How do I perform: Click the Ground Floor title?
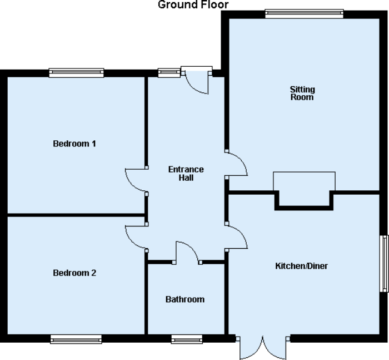193,5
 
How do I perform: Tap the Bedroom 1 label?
74,144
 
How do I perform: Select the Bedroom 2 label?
74,273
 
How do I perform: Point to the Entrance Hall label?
186,174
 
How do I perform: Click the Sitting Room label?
302,93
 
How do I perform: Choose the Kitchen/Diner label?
302,266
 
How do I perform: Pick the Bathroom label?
185,299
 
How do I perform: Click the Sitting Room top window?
304,14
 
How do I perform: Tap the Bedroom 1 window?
76,72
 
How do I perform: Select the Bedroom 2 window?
76,339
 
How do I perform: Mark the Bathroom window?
186,339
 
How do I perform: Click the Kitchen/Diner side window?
384,263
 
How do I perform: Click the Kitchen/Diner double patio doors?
263,348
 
